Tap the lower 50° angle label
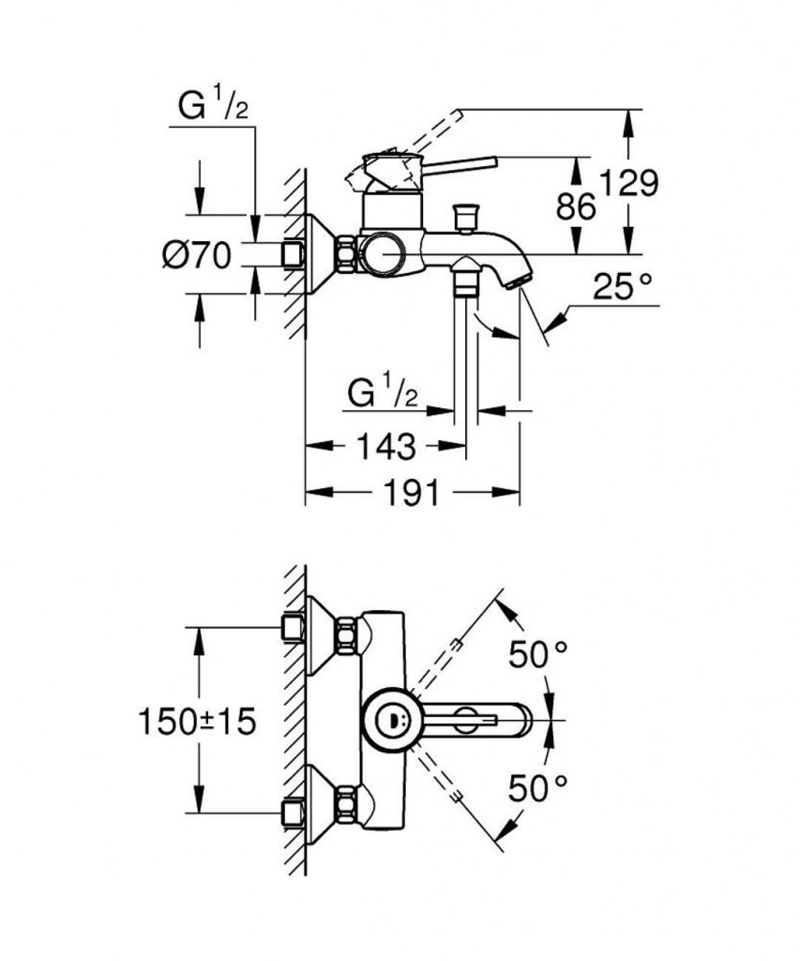click(x=538, y=786)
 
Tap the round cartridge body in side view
click(x=385, y=252)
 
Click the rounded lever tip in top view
click(x=521, y=721)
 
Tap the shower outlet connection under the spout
click(x=464, y=278)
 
